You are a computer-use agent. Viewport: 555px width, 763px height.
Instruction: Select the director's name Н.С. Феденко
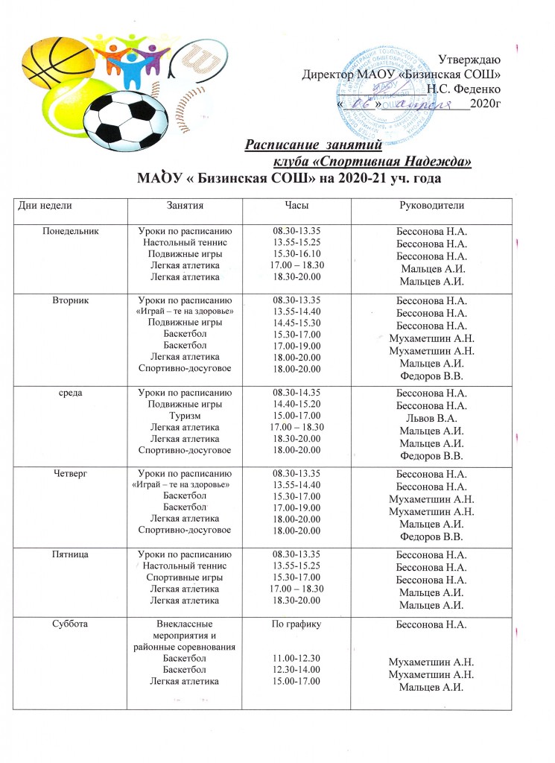click(x=463, y=88)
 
